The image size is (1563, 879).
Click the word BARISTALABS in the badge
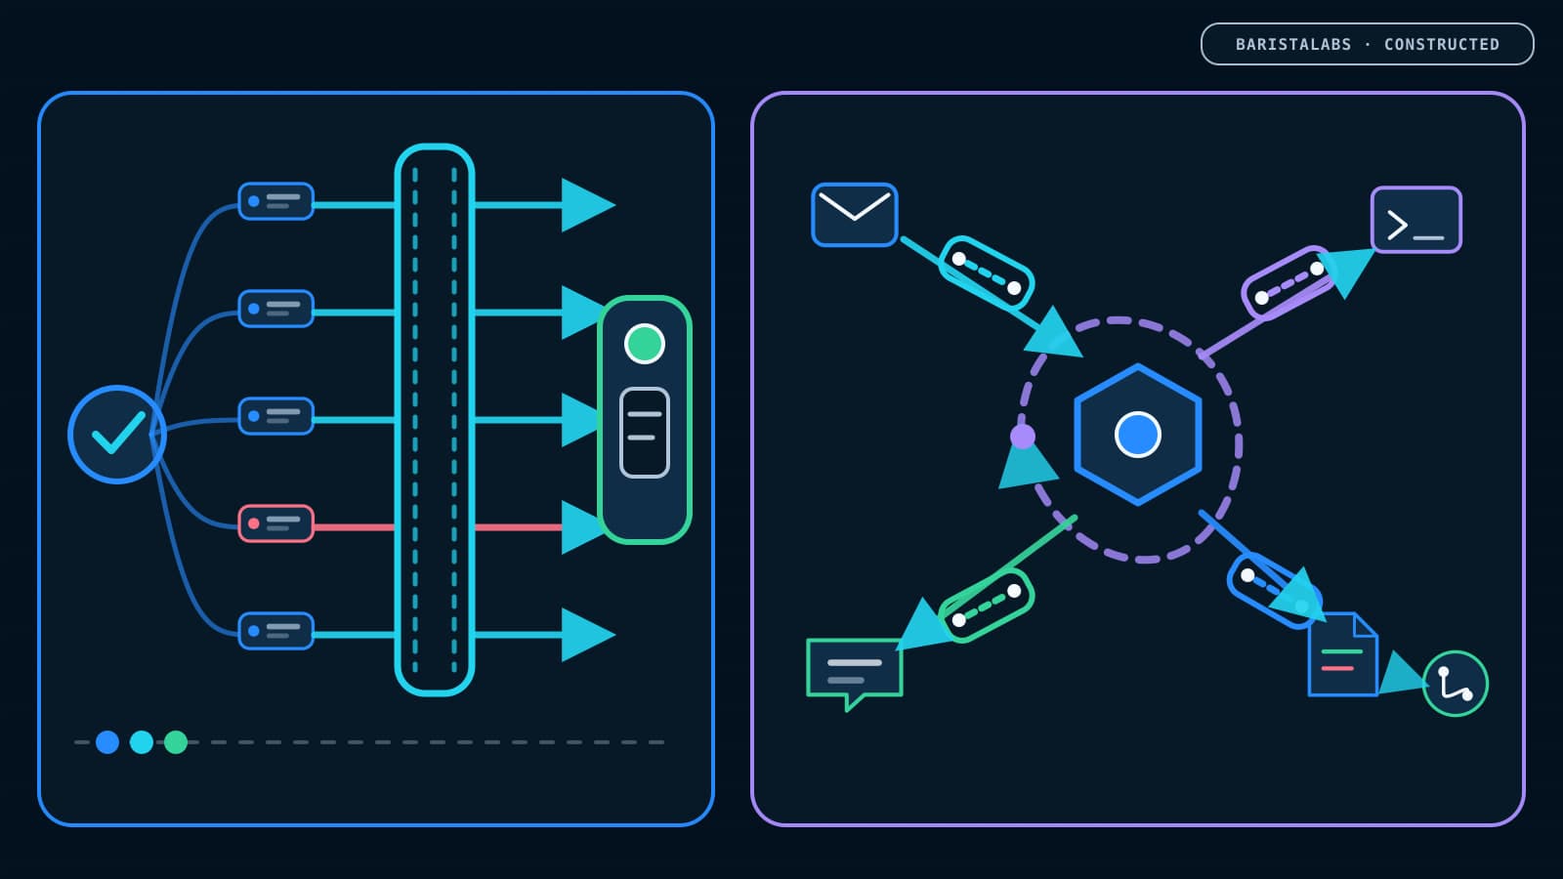coord(1293,45)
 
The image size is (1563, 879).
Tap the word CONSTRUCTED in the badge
coord(1442,45)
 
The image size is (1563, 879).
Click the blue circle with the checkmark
coord(117,434)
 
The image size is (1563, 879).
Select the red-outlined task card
coord(275,523)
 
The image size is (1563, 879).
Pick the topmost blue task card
coord(275,201)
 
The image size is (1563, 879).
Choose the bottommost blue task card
coord(275,631)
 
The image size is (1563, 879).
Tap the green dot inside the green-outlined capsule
coord(644,344)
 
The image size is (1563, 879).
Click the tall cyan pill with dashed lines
coord(435,420)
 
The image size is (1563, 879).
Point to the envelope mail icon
coord(854,215)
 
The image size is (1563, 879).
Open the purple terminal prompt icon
coord(1415,220)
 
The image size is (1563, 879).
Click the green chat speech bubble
coord(854,672)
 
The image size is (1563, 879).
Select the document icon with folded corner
coord(1342,654)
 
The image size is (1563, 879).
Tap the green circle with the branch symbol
coord(1455,684)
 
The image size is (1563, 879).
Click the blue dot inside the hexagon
coord(1137,434)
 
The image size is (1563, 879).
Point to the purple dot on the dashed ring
coord(1023,437)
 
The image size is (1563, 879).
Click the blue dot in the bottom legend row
coord(107,742)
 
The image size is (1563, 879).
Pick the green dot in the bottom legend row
coord(176,742)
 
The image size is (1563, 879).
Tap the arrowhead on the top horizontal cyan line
coord(587,205)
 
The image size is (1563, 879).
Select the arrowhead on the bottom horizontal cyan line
coord(587,635)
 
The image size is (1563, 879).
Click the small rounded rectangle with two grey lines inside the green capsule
coord(644,433)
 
